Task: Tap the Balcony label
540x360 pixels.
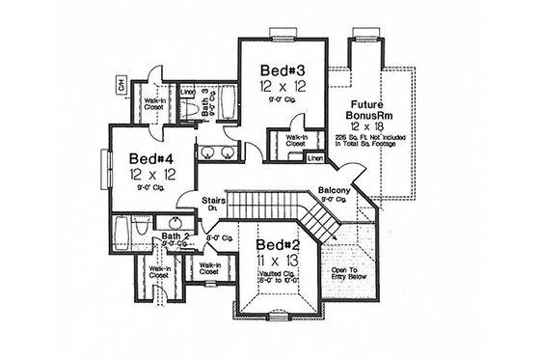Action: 335,191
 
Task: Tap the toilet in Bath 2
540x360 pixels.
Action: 142,230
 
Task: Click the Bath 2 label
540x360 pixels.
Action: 174,235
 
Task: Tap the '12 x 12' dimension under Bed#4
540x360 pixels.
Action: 145,175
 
